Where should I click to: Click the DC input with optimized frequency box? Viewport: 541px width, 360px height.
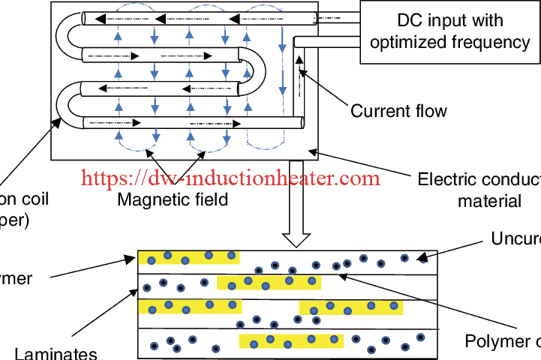coord(449,31)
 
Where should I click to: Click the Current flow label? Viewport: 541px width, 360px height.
coord(398,112)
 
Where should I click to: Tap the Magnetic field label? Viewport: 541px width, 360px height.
coord(172,200)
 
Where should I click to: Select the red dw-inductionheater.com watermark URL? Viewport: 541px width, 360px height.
coord(230,178)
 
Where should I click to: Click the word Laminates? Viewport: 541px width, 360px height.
coord(56,352)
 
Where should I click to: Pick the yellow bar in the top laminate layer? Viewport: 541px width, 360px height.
coord(188,257)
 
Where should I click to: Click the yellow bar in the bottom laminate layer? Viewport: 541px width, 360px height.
coord(290,341)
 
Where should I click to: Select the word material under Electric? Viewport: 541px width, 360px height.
coord(489,200)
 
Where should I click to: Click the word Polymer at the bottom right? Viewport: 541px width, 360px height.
coord(497,341)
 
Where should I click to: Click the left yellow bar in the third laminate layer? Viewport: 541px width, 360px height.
coord(190,307)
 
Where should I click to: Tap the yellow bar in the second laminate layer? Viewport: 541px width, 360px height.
coord(269,282)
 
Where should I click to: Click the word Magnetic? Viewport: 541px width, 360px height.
coord(148,200)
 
